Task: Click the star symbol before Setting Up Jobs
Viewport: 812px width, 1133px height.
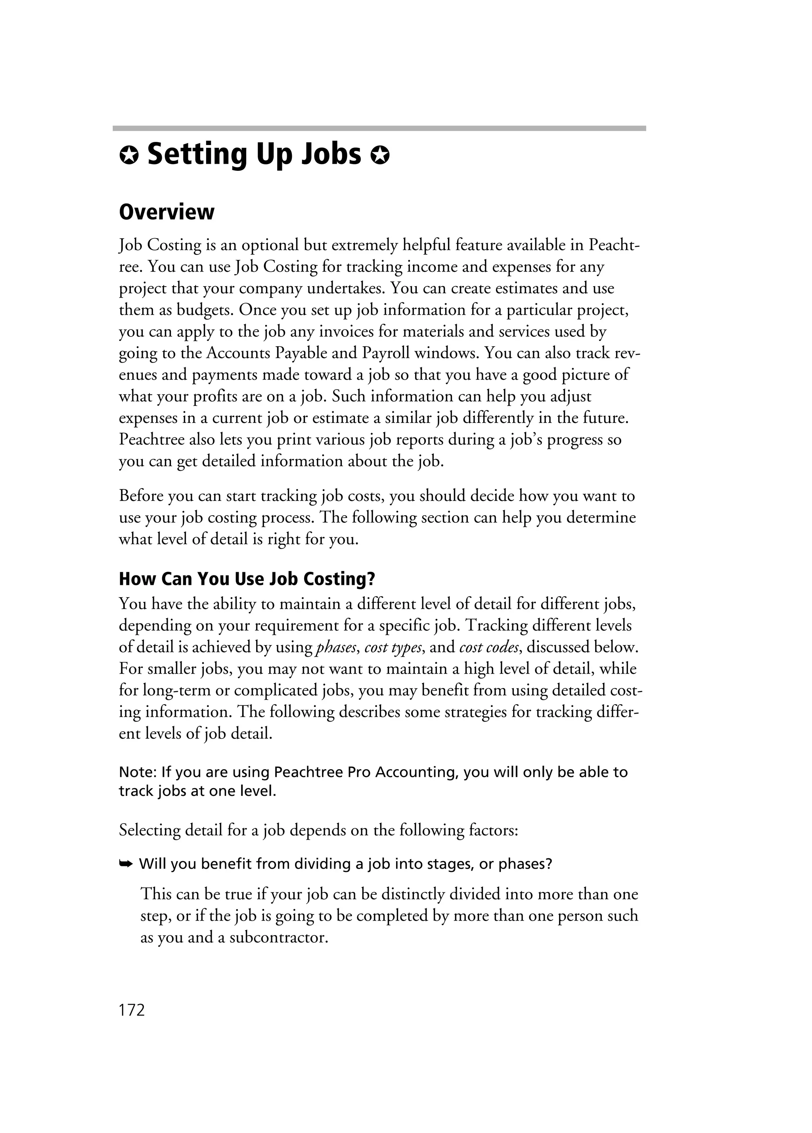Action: click(x=128, y=157)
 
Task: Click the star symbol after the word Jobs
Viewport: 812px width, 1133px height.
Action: click(x=380, y=157)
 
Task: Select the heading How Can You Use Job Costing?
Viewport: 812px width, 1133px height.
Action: click(x=247, y=579)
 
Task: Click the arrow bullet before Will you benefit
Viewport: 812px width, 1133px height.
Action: click(x=125, y=864)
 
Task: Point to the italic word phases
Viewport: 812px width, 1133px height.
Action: click(x=337, y=648)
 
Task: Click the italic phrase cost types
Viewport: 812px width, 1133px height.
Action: click(x=393, y=648)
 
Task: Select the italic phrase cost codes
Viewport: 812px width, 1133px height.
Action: click(x=490, y=648)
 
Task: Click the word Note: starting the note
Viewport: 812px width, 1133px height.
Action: click(x=138, y=772)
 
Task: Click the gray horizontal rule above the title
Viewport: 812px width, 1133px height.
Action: click(x=379, y=128)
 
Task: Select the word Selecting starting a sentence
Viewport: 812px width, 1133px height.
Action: click(x=149, y=830)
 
